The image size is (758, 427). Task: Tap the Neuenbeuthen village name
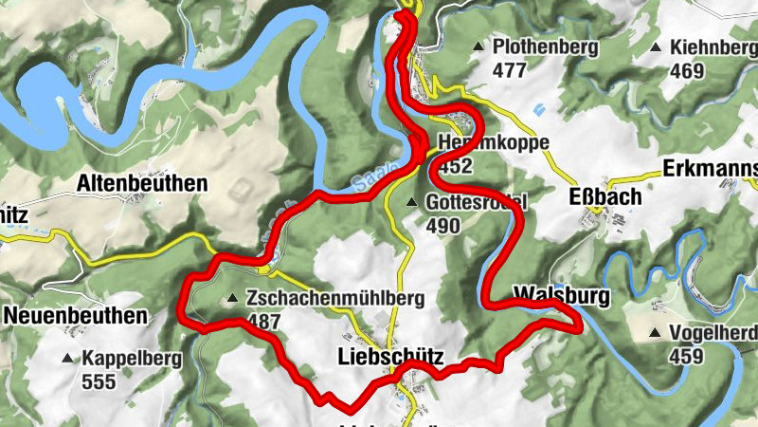75,314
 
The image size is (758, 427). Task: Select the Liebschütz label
389,357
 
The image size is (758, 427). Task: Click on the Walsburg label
559,295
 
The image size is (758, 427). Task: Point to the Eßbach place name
605,196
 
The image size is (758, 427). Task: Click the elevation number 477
509,69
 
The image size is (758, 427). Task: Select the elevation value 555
98,382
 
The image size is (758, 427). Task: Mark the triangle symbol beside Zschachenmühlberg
232,299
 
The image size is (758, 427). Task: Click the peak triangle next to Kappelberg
67,360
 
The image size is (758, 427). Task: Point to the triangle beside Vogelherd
655,333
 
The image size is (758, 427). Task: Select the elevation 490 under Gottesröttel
442,226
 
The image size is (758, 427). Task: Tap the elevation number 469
686,70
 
